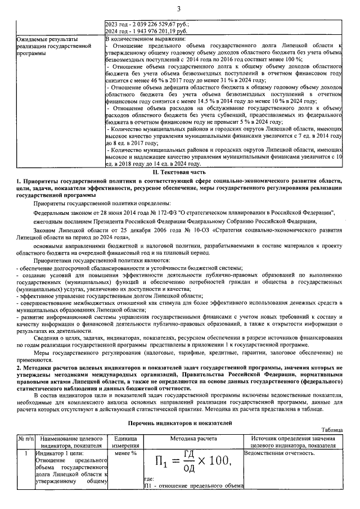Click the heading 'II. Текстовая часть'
click(x=179, y=172)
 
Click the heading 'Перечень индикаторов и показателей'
click(x=179, y=422)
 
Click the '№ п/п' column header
click(x=26, y=438)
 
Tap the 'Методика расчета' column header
click(x=193, y=438)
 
